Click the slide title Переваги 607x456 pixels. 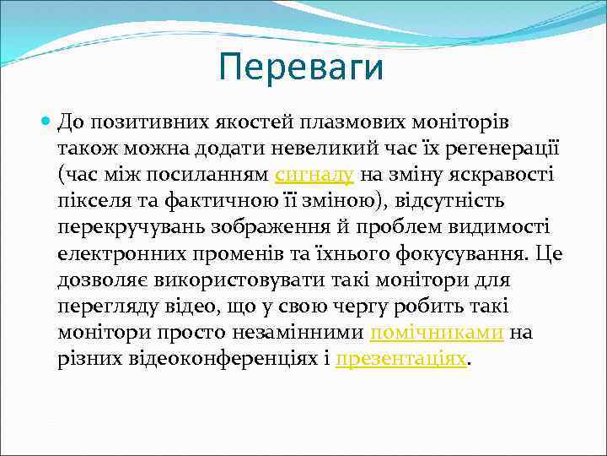point(300,68)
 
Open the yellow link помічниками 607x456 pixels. point(437,332)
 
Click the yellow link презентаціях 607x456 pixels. point(400,358)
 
